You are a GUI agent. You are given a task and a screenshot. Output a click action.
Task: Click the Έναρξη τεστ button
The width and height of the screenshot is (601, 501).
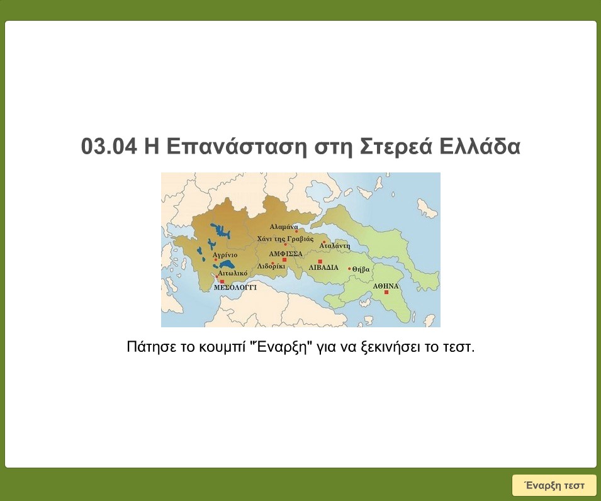554,485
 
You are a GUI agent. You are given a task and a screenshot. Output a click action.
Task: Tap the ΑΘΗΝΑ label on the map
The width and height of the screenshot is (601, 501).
386,286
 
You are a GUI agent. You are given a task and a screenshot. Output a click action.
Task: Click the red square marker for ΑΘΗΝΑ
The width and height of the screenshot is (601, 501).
386,293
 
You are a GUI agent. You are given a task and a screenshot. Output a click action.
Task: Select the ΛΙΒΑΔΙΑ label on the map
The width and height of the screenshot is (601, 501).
323,267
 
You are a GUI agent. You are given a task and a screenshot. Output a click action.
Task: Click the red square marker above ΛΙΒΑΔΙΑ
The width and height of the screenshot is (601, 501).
320,261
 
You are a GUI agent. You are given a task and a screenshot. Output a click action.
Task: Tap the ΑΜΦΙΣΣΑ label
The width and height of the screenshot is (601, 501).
286,254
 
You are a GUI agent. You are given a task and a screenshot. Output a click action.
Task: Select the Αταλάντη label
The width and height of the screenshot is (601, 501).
335,246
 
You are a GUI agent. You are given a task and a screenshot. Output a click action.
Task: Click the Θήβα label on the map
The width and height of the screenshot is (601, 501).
361,269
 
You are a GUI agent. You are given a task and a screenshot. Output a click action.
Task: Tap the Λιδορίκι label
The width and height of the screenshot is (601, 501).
271,266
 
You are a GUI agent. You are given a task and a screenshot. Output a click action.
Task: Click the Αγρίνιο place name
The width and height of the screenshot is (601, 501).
225,255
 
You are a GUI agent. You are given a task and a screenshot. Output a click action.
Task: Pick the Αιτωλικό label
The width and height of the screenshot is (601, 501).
232,274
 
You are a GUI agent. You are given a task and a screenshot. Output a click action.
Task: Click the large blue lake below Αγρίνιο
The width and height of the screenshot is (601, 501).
227,267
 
